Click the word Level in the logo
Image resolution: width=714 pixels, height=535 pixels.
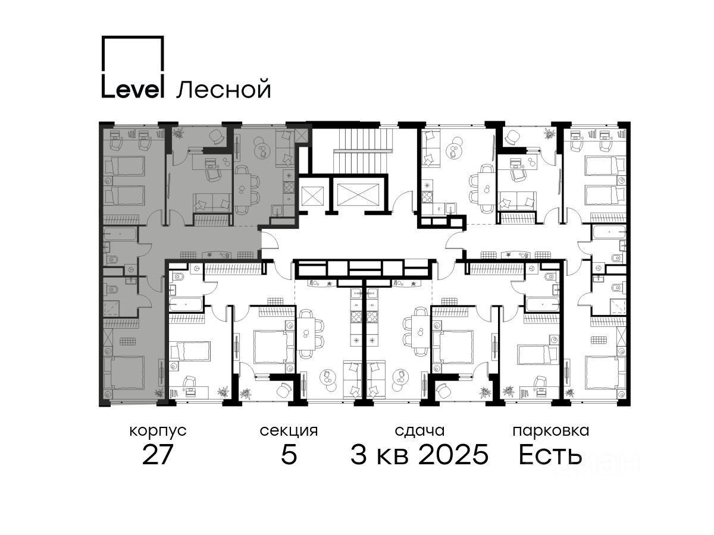coord(133,86)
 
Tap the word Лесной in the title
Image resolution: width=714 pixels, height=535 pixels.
coord(224,89)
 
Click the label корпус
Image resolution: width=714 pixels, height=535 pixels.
coord(158,432)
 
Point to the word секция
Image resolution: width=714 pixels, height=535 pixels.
coord(289,431)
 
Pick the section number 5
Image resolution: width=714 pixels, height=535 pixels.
coord(289,454)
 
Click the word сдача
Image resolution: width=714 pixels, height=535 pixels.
coord(419,431)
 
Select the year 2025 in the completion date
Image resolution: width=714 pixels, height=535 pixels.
coord(453,454)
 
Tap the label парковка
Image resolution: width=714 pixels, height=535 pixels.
coord(551,431)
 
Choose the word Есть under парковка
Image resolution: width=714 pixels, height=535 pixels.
coord(550,454)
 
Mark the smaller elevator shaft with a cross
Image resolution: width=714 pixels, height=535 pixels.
coord(312,197)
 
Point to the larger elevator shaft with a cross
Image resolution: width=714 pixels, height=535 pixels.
coord(358,194)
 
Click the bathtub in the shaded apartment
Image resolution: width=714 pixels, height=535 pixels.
coord(120,234)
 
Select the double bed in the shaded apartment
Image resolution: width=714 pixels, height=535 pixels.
coord(125,373)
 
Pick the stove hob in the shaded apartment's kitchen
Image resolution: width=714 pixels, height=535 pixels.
coord(289,187)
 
